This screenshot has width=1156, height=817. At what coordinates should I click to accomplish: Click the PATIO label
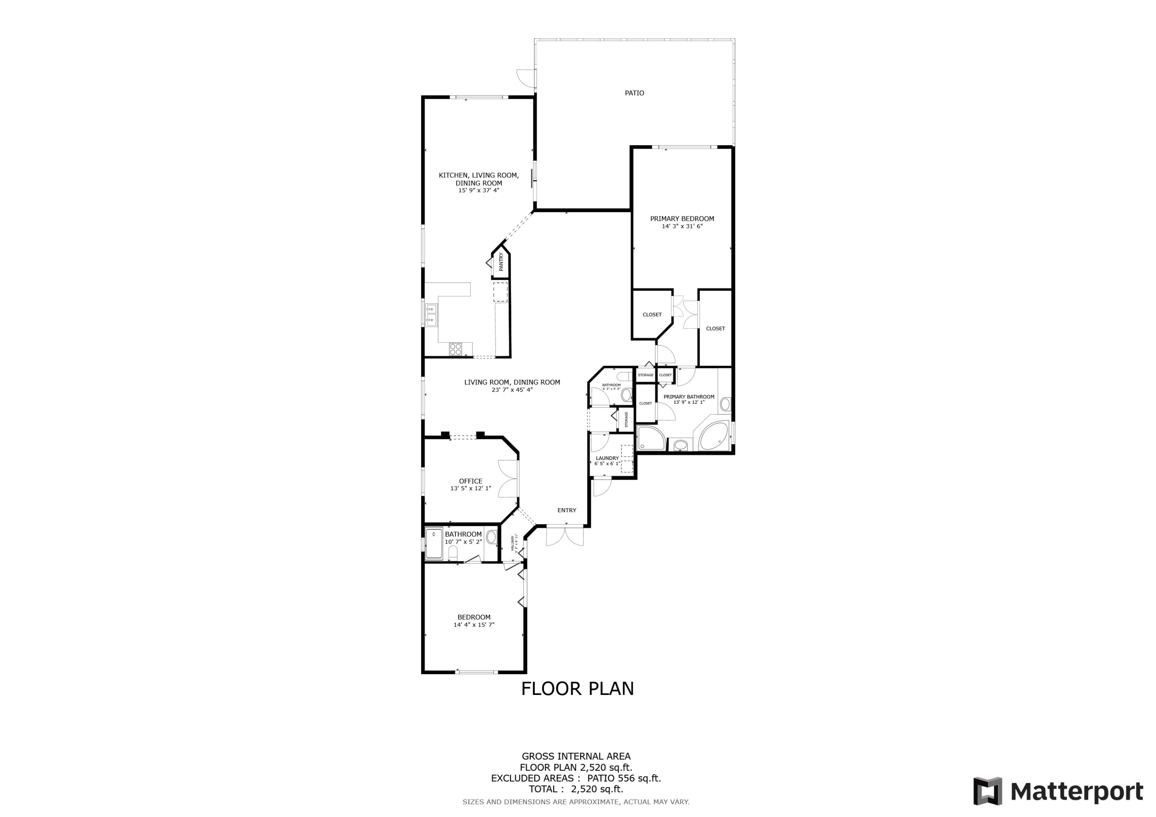point(634,93)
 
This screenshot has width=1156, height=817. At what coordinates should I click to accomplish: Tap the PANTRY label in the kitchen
point(501,262)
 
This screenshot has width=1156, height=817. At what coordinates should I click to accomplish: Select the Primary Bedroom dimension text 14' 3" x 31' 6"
point(682,226)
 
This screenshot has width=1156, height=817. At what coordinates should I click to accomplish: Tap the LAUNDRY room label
point(607,458)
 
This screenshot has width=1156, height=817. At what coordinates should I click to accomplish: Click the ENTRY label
point(566,510)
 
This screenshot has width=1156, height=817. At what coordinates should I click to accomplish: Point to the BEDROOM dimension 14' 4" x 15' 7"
point(474,625)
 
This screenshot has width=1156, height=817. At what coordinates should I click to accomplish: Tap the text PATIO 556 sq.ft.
point(624,778)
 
